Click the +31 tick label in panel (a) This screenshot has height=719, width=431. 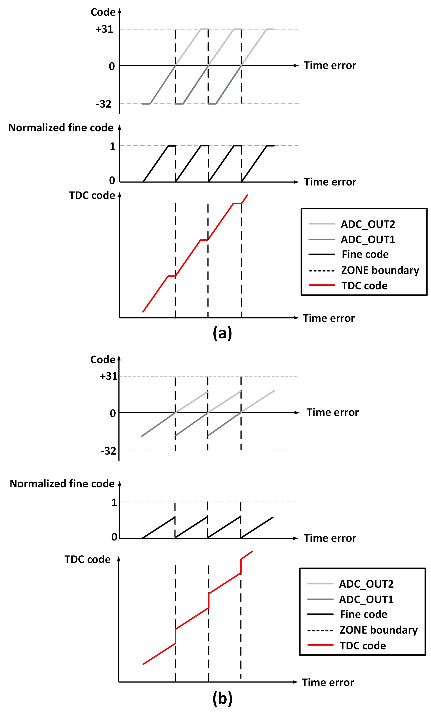104,29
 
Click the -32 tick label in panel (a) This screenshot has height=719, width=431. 104,104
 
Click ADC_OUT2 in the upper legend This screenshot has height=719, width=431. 368,224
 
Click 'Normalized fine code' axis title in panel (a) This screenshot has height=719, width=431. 61,128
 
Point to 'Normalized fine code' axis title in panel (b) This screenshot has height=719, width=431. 62,484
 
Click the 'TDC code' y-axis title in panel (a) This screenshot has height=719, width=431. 92,195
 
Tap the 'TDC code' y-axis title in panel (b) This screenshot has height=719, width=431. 87,559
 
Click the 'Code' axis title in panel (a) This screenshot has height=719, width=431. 103,12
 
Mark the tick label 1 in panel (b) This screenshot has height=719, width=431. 114,502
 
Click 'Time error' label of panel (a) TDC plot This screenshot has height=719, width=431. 329,318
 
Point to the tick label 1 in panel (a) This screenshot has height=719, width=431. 112,146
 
